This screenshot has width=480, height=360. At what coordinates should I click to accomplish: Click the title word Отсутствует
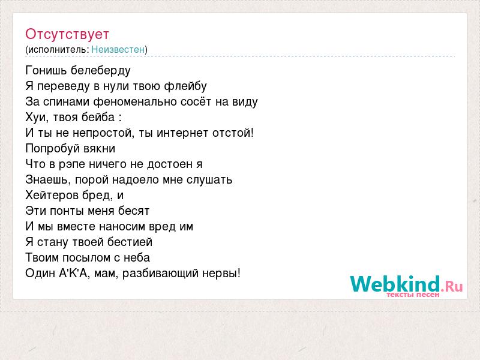[x=67, y=34]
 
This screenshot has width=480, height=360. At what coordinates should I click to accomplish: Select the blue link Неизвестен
[x=118, y=49]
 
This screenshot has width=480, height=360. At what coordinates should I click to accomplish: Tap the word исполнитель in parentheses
[x=58, y=50]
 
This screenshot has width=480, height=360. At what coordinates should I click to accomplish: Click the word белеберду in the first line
[x=101, y=71]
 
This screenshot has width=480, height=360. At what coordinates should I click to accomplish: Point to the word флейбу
[x=185, y=86]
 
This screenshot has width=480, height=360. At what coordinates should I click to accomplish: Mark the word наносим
[x=122, y=227]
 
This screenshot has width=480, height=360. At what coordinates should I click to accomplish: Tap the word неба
[x=137, y=258]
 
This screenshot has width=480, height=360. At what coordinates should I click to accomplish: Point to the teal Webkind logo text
[x=395, y=283]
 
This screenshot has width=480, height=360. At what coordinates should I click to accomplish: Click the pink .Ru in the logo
[x=452, y=286]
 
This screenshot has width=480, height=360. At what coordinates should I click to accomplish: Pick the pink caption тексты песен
[x=413, y=295]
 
